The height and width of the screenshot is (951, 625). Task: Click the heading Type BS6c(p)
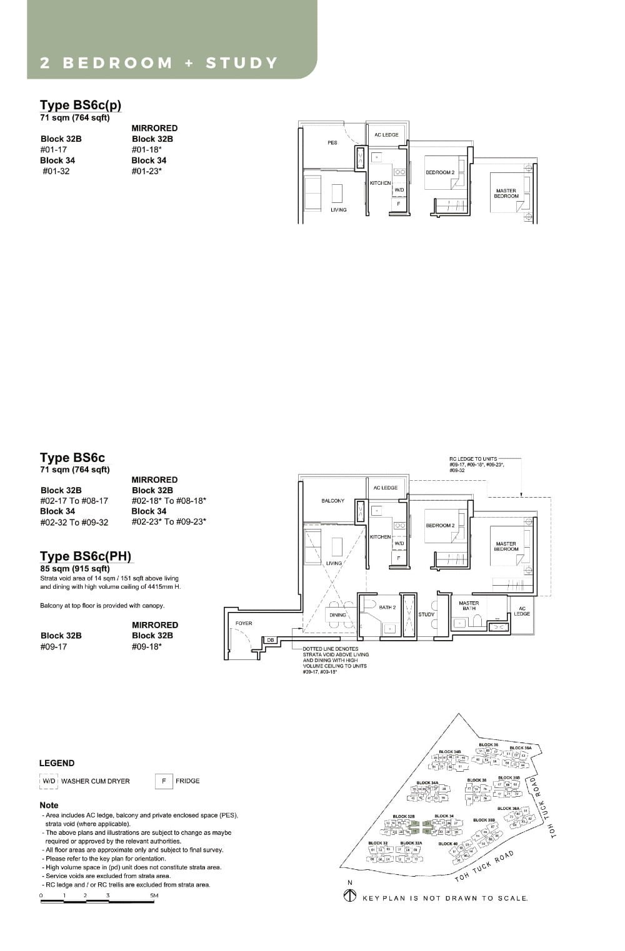pyautogui.click(x=80, y=105)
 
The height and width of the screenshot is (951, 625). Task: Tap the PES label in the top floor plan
pyautogui.click(x=332, y=143)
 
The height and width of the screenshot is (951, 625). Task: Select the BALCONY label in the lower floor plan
pyautogui.click(x=332, y=501)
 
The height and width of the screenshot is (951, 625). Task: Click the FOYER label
pyautogui.click(x=244, y=623)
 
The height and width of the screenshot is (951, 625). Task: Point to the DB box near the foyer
pyautogui.click(x=271, y=640)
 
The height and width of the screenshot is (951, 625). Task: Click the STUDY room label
pyautogui.click(x=426, y=614)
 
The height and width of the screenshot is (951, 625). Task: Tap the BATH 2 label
pyautogui.click(x=387, y=607)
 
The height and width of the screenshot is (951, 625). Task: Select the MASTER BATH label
pyautogui.click(x=469, y=606)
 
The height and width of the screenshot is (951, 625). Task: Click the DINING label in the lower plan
pyautogui.click(x=337, y=615)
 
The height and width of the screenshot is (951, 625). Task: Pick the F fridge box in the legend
pyautogui.click(x=164, y=781)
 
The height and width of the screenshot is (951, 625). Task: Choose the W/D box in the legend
pyautogui.click(x=48, y=781)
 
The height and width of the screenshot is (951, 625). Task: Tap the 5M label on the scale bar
pyautogui.click(x=154, y=895)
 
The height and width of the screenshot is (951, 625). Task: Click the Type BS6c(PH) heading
pyautogui.click(x=86, y=556)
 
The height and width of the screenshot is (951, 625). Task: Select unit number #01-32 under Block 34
pyautogui.click(x=56, y=171)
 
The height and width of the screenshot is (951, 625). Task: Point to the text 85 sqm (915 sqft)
pyautogui.click(x=74, y=568)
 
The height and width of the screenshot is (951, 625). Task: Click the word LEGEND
pyautogui.click(x=57, y=763)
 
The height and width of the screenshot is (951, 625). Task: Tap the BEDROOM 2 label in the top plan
pyautogui.click(x=440, y=172)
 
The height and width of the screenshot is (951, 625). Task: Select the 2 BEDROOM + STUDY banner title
pyautogui.click(x=159, y=63)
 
